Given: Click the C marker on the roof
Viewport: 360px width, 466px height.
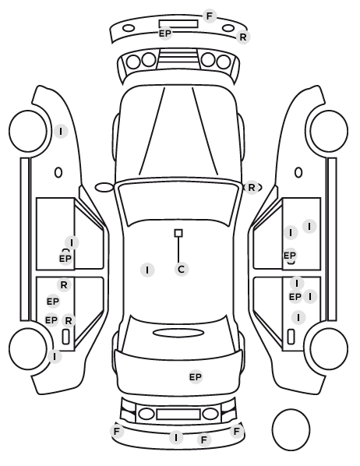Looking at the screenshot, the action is tap(182, 270).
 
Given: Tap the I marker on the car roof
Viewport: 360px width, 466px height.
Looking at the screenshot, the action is tap(147, 270).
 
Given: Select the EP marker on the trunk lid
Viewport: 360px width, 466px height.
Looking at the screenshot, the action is tap(196, 377).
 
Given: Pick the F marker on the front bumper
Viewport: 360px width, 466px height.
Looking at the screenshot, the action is tap(210, 16).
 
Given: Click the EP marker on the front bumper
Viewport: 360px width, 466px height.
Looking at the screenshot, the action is tap(165, 34).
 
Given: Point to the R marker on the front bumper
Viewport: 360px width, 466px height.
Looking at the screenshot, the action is tap(243, 37).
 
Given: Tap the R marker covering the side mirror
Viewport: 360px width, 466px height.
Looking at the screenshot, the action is tap(251, 188).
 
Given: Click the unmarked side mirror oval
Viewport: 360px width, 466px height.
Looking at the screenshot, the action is tap(104, 188).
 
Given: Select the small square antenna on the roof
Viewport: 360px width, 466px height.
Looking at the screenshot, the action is tap(178, 233).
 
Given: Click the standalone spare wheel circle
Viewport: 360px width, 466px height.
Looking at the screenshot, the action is tap(291, 429).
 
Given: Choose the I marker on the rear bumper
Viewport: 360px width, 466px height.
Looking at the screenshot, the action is tap(176, 438).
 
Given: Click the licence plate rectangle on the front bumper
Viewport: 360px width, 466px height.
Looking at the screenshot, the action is tap(178, 24).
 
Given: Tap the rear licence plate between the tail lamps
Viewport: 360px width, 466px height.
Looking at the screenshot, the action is tap(178, 414).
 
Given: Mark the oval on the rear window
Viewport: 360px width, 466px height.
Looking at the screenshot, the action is tap(178, 333).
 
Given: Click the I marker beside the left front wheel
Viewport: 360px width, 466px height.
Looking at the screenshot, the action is tap(61, 131).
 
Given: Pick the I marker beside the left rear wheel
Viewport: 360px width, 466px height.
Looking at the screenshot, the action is tap(55, 356).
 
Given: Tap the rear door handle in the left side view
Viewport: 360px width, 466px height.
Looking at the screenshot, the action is tap(65, 337).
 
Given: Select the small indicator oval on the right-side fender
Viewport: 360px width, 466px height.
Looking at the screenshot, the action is tap(298, 172).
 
